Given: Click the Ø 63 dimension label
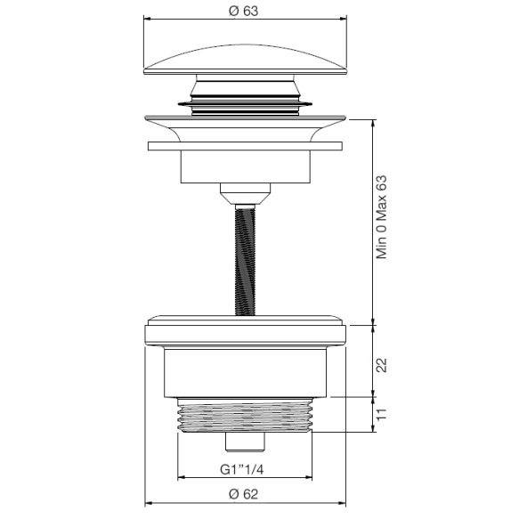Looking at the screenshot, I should coord(244,12).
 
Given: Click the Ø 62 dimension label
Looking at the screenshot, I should coord(244,494).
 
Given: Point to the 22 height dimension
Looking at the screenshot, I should coord(382,363).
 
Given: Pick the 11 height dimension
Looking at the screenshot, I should coord(382,413).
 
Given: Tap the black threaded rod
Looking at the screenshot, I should coord(243,258).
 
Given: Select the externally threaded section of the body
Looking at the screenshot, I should coord(244,417).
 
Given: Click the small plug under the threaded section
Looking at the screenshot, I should coord(244,442).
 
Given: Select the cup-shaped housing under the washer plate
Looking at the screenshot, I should coord(243,166).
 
